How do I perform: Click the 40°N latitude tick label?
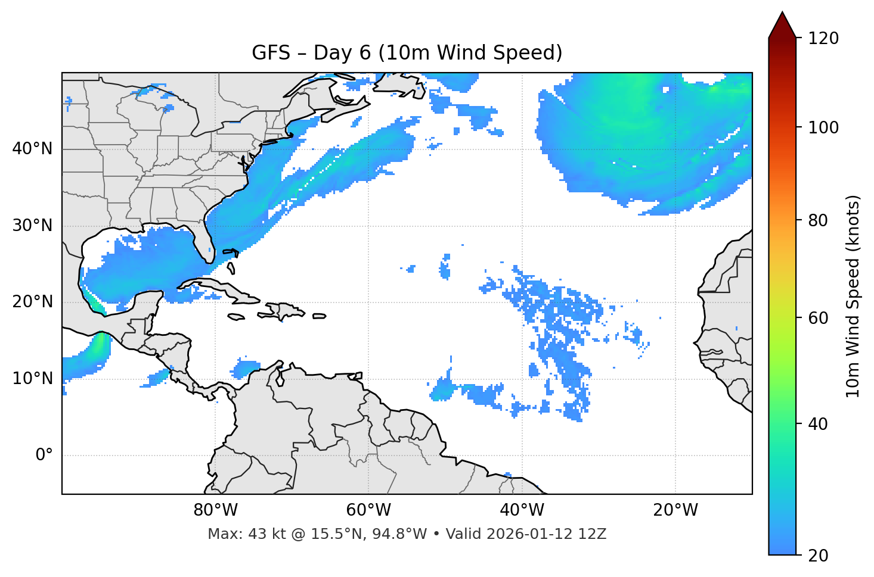point(32,149)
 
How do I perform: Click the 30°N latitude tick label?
point(32,226)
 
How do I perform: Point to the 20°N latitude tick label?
point(32,302)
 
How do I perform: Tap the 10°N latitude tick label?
point(32,379)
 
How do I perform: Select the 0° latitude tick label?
point(44,456)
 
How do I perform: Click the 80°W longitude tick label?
point(215,510)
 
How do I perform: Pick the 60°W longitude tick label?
point(368,510)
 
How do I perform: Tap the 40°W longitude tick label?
point(522,510)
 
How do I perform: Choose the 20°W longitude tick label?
point(675,510)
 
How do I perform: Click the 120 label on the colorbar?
point(823,39)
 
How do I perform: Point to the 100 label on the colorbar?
point(823,127)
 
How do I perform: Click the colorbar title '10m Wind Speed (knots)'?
point(853,296)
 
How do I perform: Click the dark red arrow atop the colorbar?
point(782,25)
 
